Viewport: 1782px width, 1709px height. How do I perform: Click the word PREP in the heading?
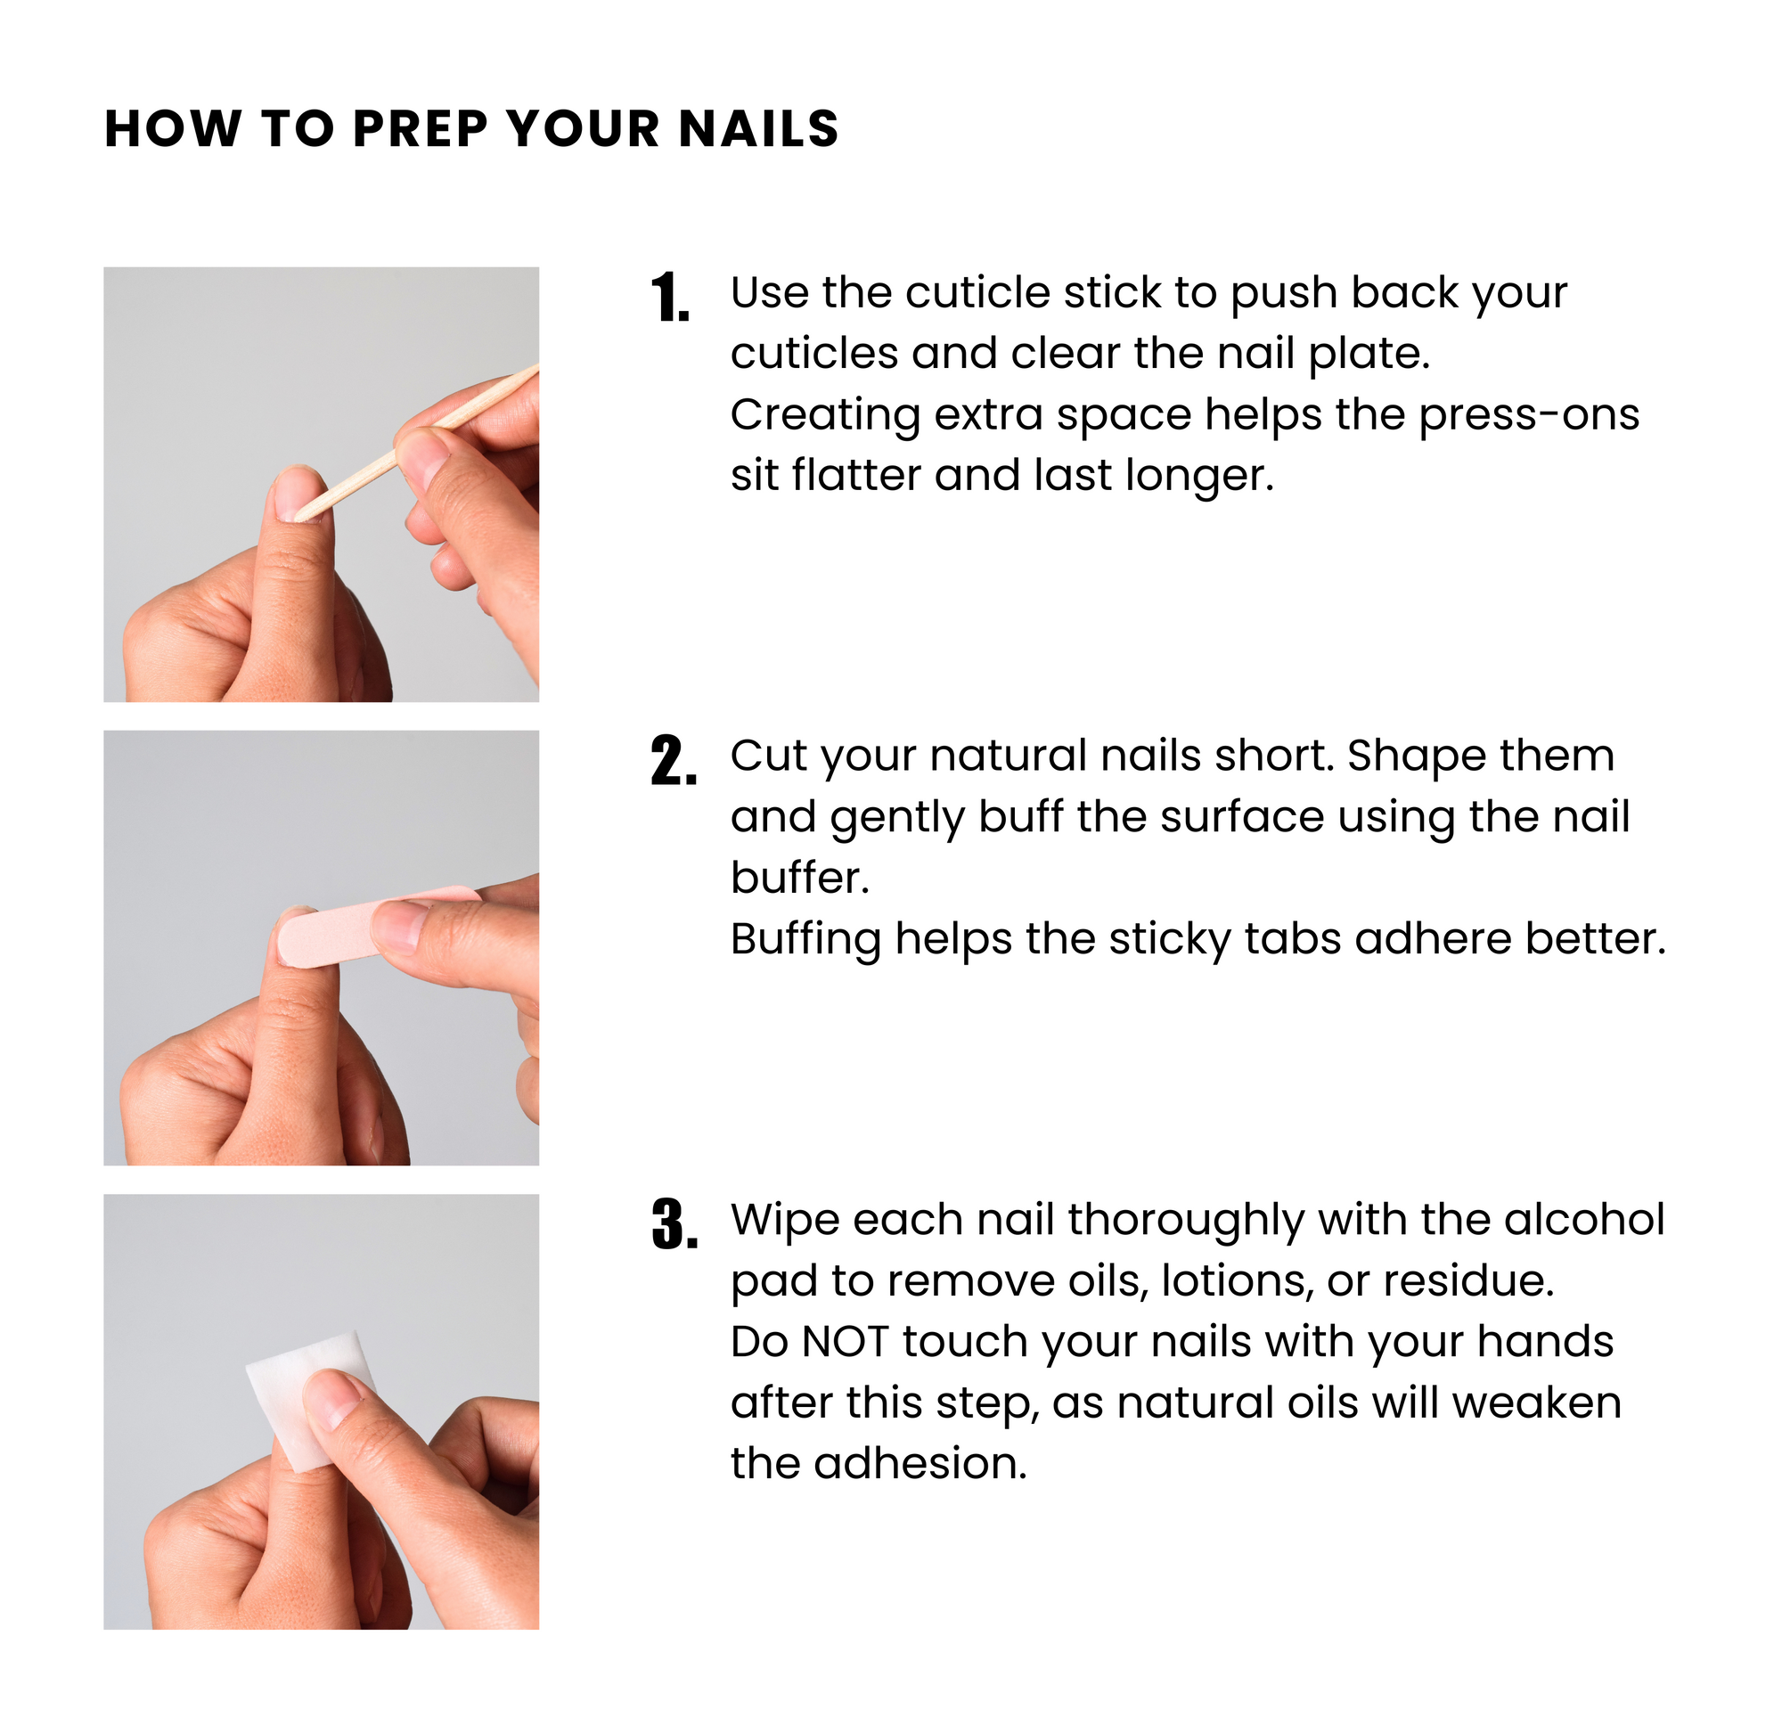420,128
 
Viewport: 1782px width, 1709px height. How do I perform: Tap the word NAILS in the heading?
759,128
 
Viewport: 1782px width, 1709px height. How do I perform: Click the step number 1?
670,298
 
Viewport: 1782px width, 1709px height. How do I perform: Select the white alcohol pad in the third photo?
313,1401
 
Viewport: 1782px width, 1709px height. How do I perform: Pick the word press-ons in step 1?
1529,415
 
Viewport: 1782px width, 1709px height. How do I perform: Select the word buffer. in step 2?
800,879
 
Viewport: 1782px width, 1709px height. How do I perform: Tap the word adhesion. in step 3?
920,1464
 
